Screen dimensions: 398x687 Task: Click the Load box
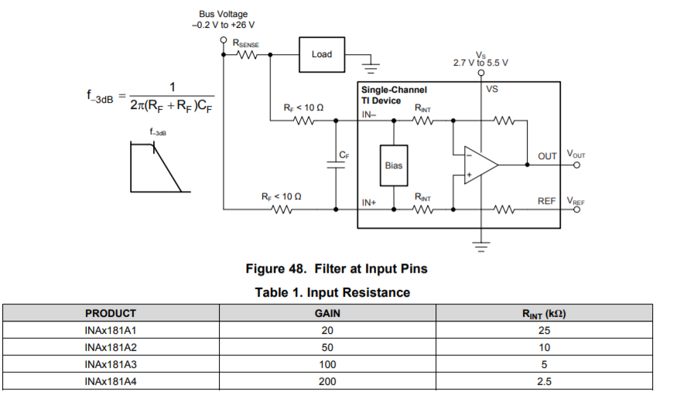coord(322,54)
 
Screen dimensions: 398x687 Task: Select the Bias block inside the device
coord(393,165)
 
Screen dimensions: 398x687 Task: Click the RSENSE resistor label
coord(246,45)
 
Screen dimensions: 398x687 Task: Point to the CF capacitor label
coord(344,155)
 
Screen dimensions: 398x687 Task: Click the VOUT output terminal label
coord(576,155)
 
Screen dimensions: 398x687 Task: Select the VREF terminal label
coord(576,201)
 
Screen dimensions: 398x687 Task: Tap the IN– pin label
coord(369,114)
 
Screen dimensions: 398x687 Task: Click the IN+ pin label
coord(369,202)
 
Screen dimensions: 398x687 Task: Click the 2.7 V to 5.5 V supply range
coord(480,63)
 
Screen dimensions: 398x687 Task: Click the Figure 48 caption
coord(337,269)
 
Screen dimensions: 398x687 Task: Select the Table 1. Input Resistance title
coord(333,293)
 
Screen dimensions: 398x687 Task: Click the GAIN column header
coord(328,314)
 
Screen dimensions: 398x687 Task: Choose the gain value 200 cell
coord(328,381)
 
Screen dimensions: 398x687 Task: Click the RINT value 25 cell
coord(545,331)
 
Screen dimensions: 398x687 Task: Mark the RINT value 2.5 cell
coord(545,381)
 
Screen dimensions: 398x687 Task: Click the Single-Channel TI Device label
coord(393,95)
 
